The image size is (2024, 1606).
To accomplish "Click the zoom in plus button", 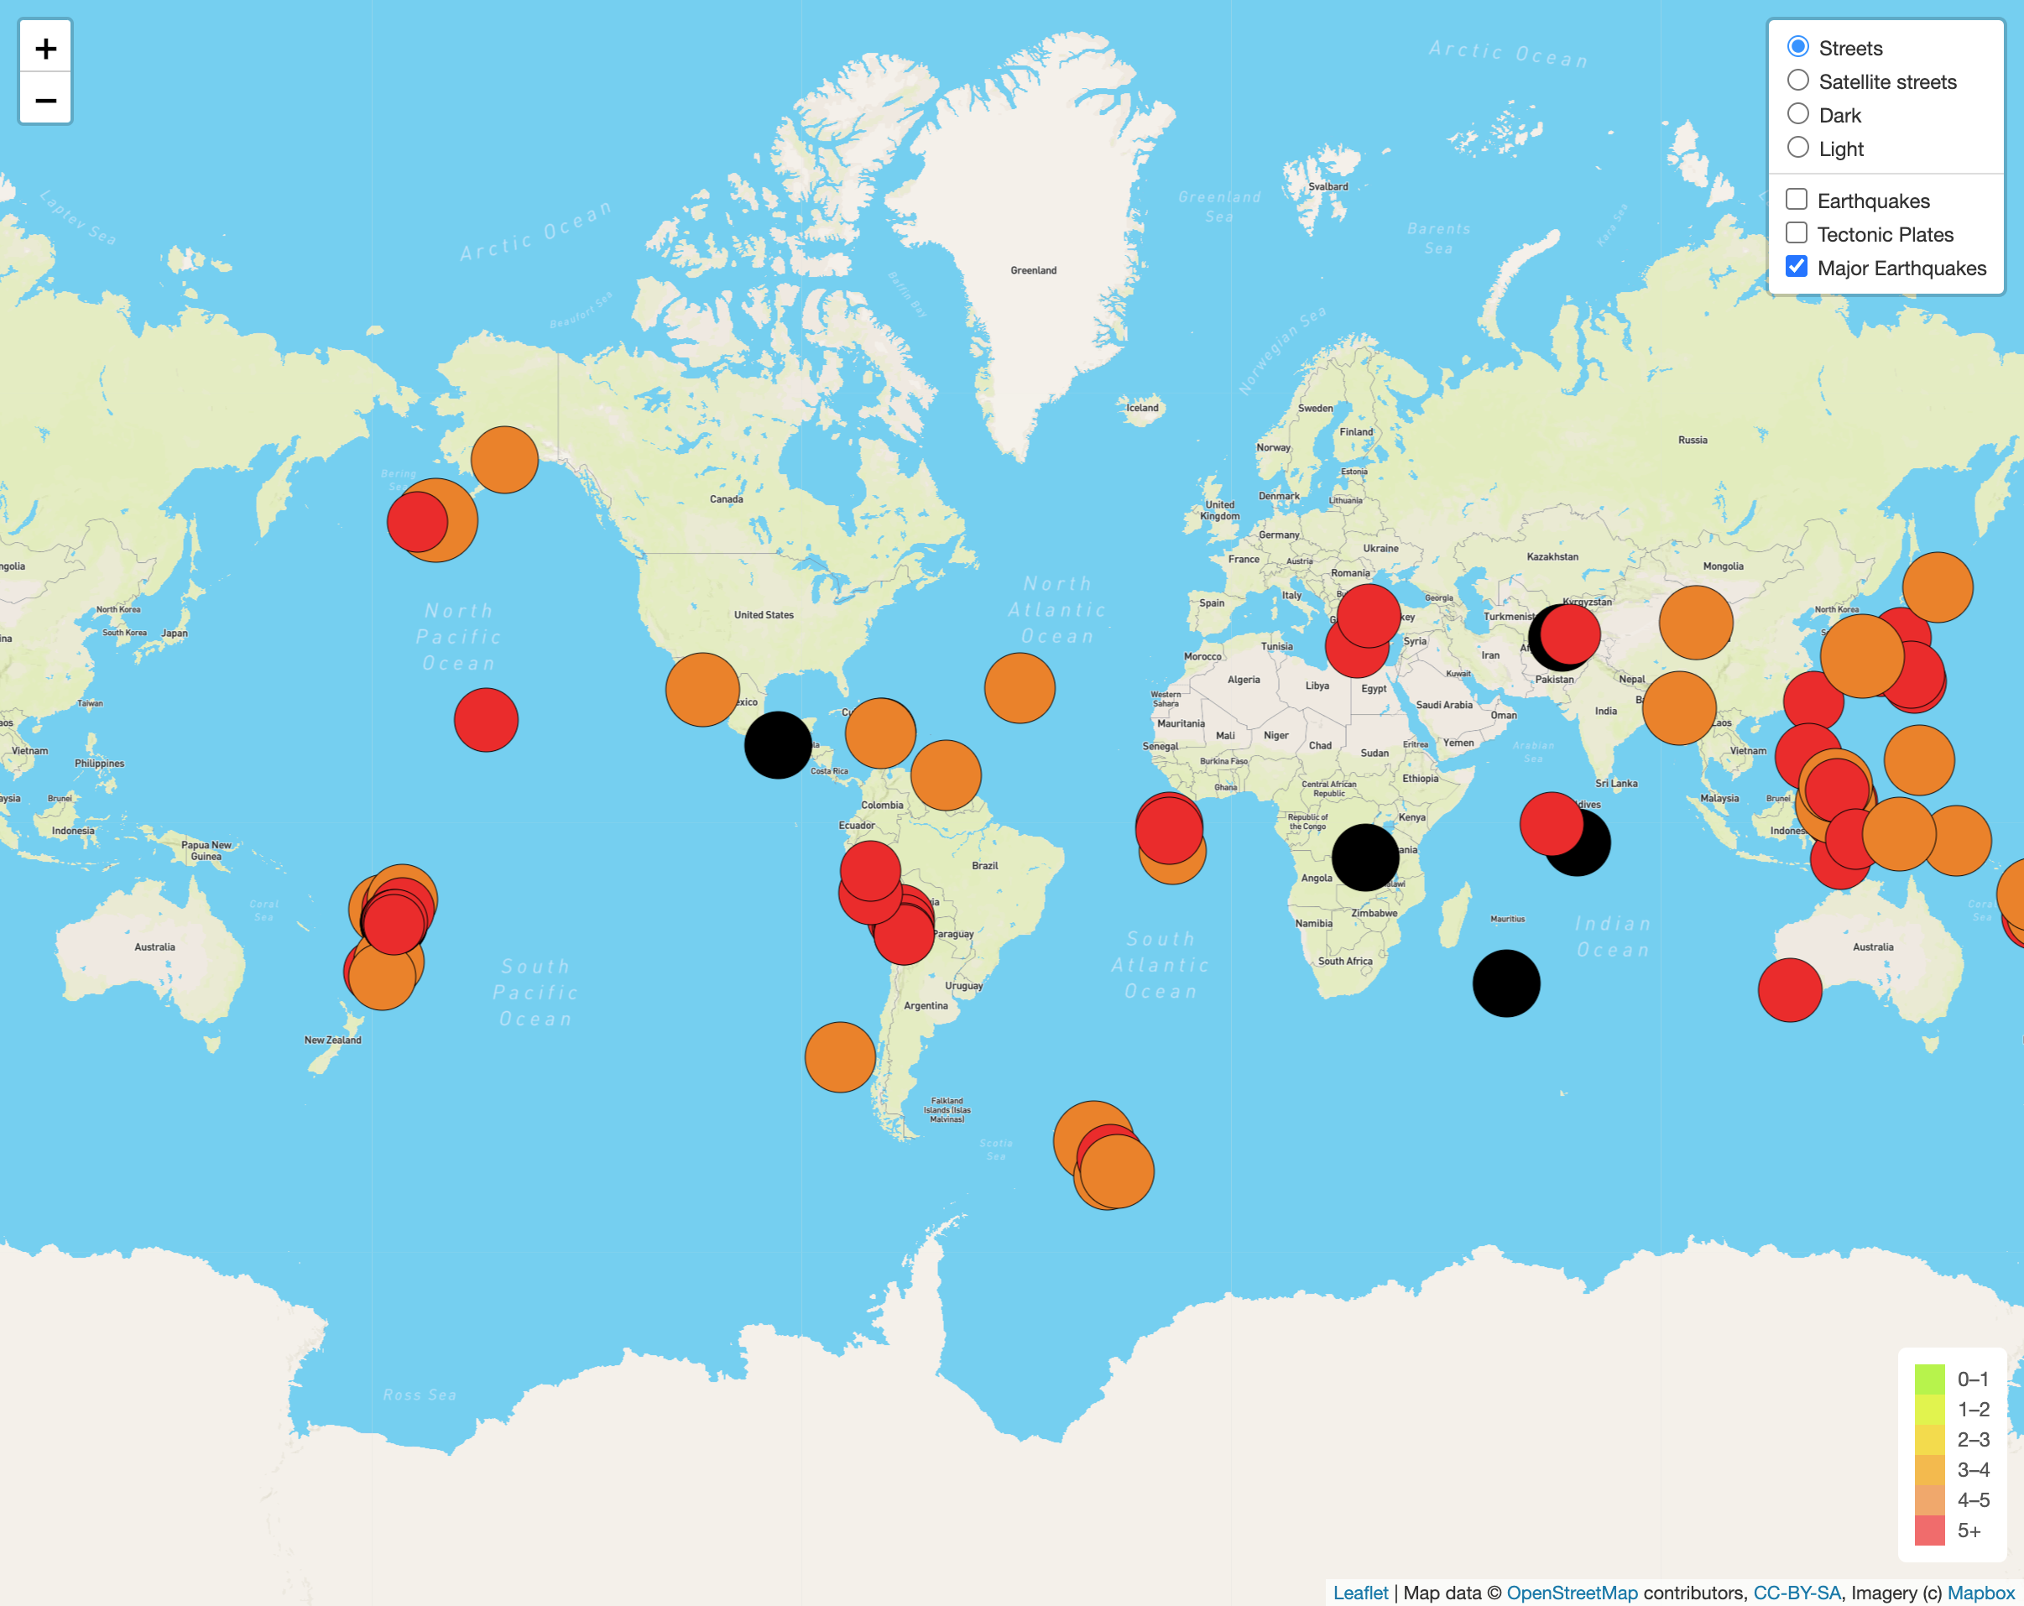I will click(x=45, y=48).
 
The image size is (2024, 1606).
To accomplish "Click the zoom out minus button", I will click(x=45, y=100).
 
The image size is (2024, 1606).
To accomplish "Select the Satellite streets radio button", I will click(x=1797, y=81).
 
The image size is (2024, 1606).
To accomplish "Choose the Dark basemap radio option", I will click(x=1797, y=114).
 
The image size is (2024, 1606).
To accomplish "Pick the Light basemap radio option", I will click(x=1797, y=148).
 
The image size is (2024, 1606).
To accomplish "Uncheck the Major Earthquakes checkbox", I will click(x=1796, y=267).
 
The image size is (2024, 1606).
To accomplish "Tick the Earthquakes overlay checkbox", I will click(x=1796, y=199).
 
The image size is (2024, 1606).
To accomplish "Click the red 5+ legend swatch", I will click(x=1929, y=1530).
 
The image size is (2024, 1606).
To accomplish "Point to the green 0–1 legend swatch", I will click(x=1929, y=1379).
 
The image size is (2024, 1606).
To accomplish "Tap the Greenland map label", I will click(x=1033, y=270).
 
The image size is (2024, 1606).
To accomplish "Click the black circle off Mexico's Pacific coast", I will click(x=777, y=745).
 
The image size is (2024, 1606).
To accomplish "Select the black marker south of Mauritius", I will click(x=1505, y=983).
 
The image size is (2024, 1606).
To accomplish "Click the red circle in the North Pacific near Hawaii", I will click(x=485, y=720).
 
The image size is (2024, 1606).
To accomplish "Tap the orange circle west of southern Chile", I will click(x=839, y=1057).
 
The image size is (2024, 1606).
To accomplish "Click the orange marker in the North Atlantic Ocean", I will click(x=1020, y=688).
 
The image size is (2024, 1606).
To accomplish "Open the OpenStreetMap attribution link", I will click(x=1572, y=1593).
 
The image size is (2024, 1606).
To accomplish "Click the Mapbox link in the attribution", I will click(x=1981, y=1593).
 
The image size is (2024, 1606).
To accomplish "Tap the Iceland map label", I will click(x=1143, y=407).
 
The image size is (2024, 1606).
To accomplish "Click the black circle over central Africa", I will click(x=1365, y=858).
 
